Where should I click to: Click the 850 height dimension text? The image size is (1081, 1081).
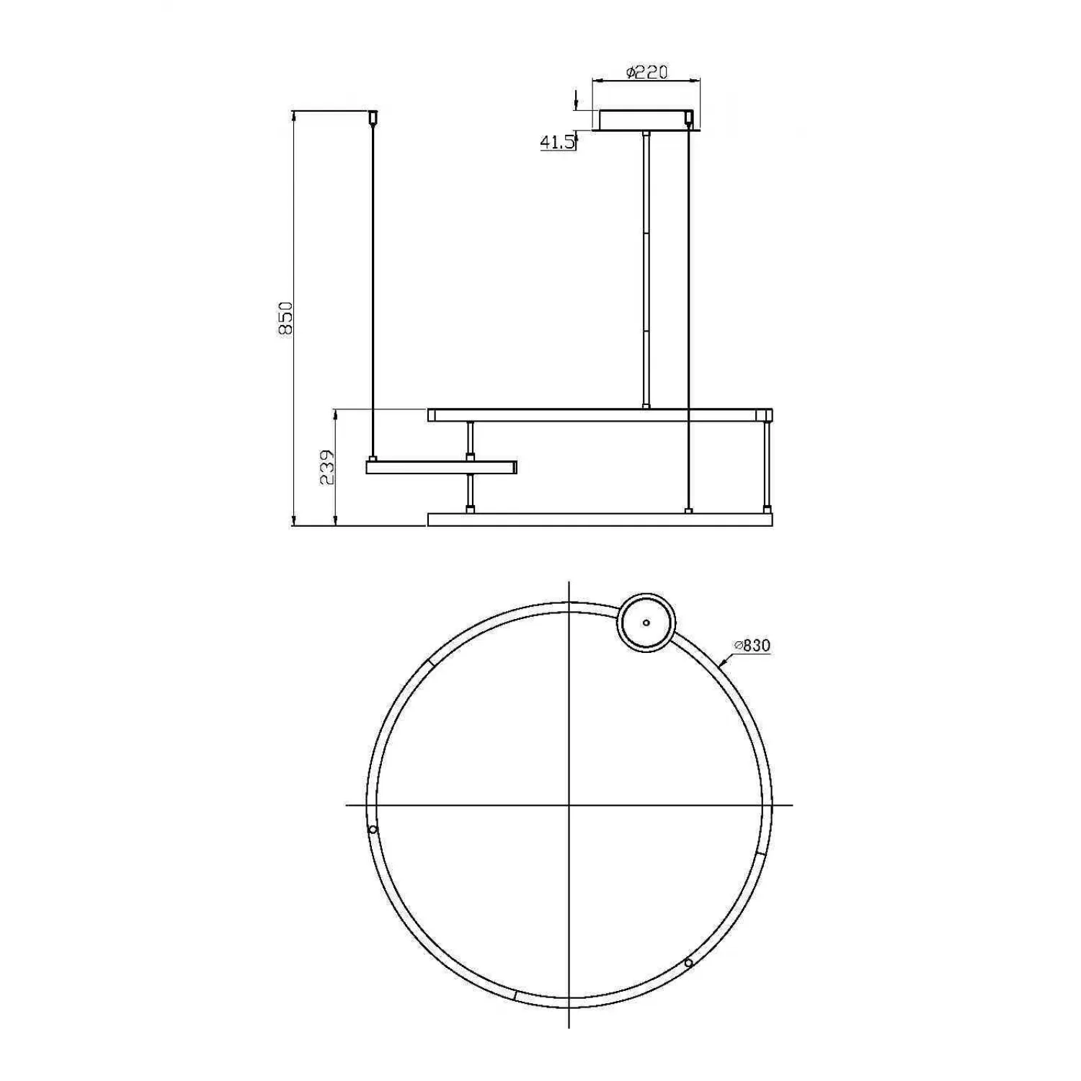pos(286,318)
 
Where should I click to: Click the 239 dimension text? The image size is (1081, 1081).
pos(328,467)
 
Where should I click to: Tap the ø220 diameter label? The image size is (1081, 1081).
pos(646,72)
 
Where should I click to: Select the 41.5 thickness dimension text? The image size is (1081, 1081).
pos(558,142)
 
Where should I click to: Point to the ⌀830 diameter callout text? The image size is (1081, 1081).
pos(752,646)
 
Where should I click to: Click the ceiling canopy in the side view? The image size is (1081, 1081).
pos(646,120)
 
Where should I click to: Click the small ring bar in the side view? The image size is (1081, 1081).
pos(442,468)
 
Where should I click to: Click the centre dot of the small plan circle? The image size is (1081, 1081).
pos(646,623)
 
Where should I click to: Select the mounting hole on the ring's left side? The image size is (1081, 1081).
pos(373,829)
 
